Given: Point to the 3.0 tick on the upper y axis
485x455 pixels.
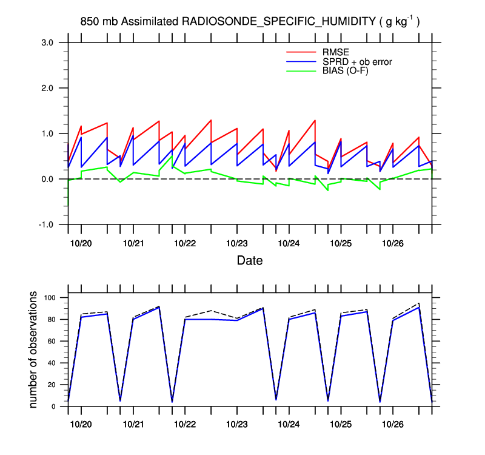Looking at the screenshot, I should [x=48, y=42].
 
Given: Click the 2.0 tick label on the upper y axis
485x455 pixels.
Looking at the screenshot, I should [x=48, y=88].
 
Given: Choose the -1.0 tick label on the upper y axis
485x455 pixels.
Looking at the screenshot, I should [x=47, y=224].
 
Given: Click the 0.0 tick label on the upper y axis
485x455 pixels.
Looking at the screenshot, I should [x=48, y=179].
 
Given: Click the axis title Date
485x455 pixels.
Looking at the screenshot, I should [x=250, y=261].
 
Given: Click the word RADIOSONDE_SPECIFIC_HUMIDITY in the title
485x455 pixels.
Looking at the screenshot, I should [x=279, y=22].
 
